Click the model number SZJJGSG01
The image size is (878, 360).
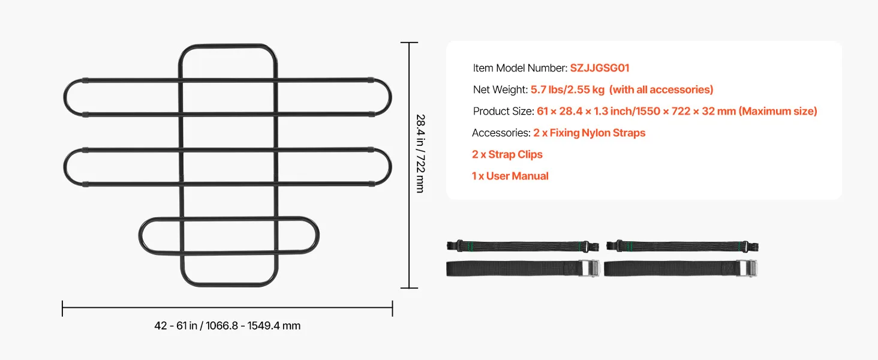(599, 68)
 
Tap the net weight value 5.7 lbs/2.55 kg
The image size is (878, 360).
(567, 90)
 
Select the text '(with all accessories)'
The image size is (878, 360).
(661, 90)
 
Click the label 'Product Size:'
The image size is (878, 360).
(503, 112)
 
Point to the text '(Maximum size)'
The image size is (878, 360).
(778, 112)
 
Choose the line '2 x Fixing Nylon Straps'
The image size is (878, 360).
(589, 133)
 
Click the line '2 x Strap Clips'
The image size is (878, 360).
(507, 155)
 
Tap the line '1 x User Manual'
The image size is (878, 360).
(510, 176)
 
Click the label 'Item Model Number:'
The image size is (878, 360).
(520, 68)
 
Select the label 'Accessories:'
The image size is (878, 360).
(501, 133)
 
